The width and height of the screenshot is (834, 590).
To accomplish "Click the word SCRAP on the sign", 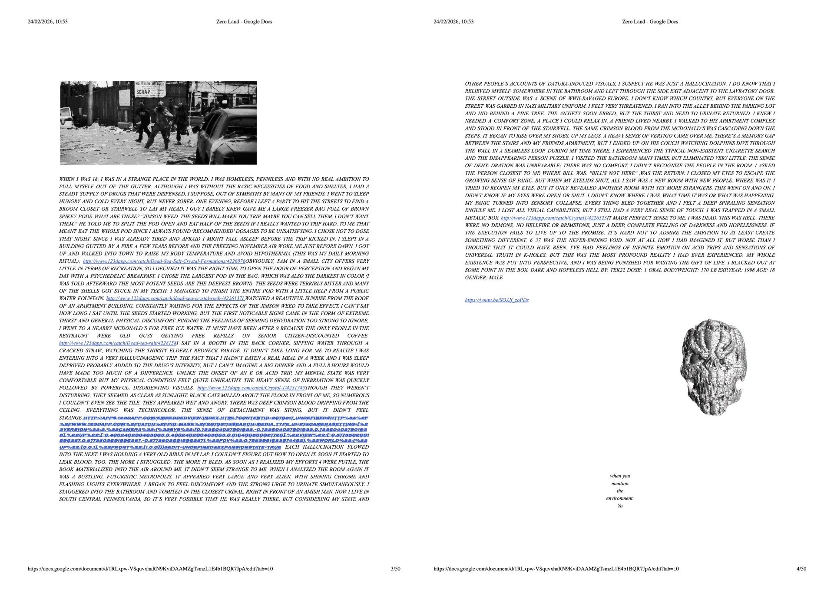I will [143, 92].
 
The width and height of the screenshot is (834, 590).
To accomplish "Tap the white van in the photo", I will [64, 117].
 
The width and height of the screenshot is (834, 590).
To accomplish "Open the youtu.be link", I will [496, 300].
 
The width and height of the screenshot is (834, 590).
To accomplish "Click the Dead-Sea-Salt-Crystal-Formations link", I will [164, 262].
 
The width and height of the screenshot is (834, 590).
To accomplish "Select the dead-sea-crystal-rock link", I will [175, 298].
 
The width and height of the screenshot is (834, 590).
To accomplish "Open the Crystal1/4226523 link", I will [553, 218].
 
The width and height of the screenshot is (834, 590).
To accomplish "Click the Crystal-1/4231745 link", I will [251, 388].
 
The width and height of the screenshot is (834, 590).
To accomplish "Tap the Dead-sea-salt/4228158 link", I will [118, 343].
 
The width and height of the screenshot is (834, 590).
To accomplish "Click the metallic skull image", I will [714, 367].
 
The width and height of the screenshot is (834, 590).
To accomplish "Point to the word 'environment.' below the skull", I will [620, 498].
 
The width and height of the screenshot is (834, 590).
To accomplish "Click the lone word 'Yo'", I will [620, 506].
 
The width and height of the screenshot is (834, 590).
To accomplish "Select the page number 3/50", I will [395, 569].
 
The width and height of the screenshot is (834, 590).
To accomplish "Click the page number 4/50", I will [801, 569].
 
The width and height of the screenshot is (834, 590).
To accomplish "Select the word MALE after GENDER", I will [496, 278].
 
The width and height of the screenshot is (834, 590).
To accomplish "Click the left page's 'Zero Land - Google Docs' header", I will [244, 22].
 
